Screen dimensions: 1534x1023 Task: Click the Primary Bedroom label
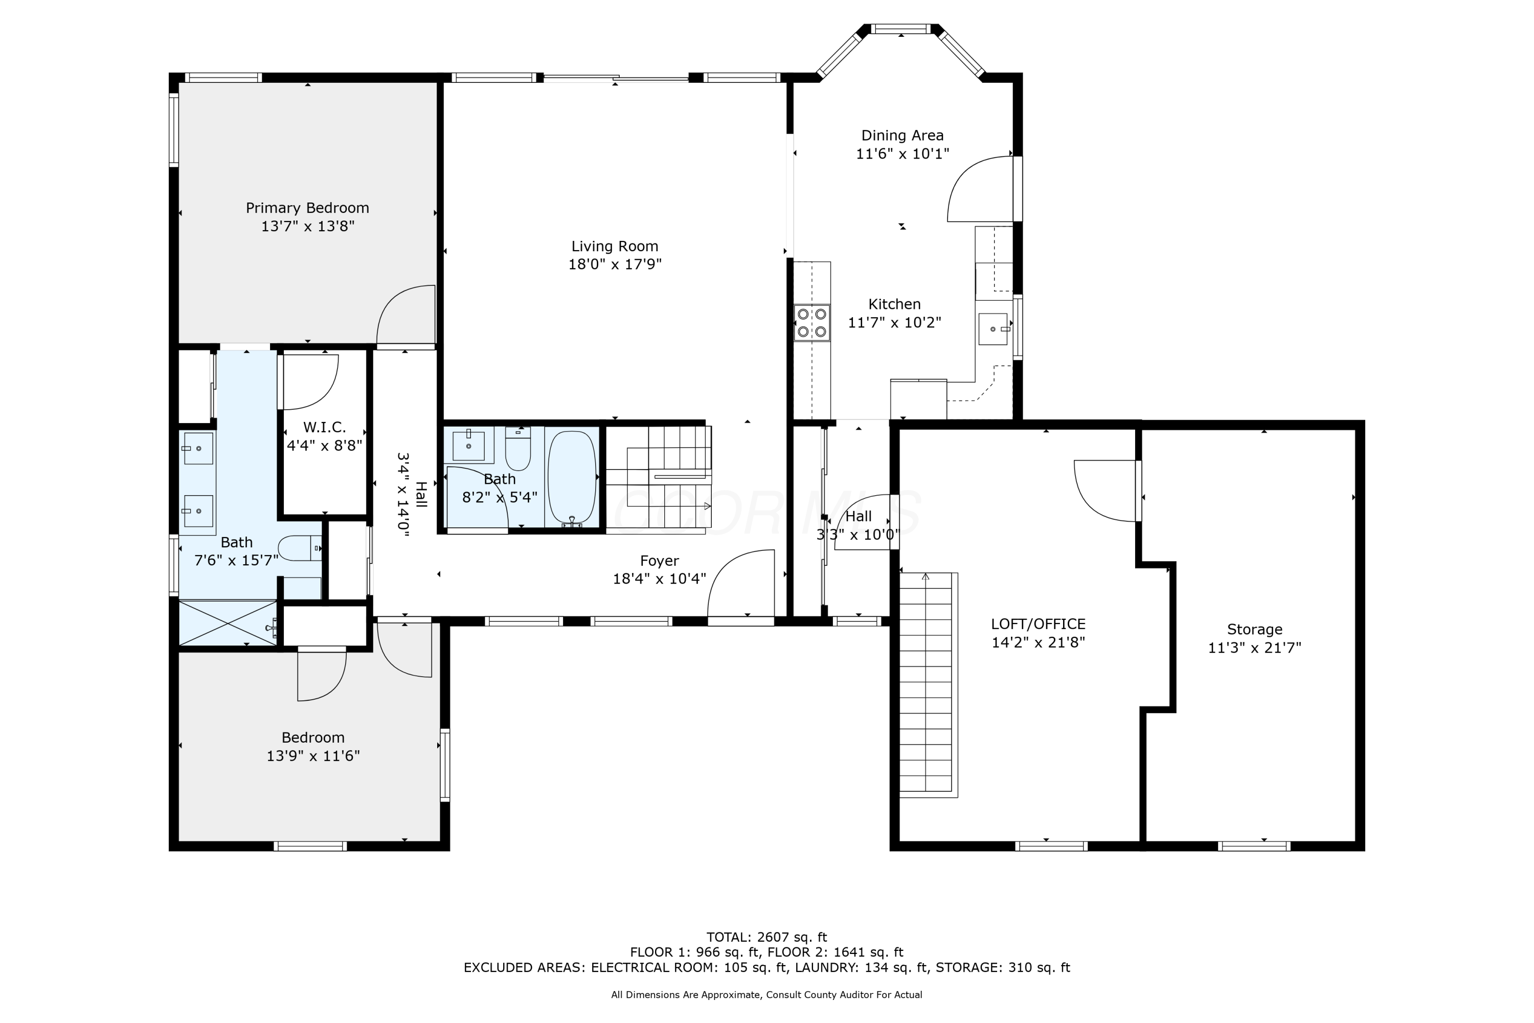click(307, 208)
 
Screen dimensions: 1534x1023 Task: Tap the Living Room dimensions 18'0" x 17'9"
click(615, 264)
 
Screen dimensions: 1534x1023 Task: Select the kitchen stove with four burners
click(812, 323)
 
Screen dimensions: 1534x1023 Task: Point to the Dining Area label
click(902, 136)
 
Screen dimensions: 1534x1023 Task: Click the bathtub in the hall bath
click(572, 478)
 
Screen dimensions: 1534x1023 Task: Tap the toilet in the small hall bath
click(518, 449)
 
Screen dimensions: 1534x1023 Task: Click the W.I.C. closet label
click(324, 427)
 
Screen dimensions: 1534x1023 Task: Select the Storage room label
click(1254, 630)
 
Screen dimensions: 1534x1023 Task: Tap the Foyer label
click(660, 561)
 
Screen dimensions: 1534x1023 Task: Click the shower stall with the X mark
click(228, 623)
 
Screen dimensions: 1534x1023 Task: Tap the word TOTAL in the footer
click(728, 938)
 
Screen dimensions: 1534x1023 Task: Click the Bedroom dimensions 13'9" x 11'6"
click(313, 756)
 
